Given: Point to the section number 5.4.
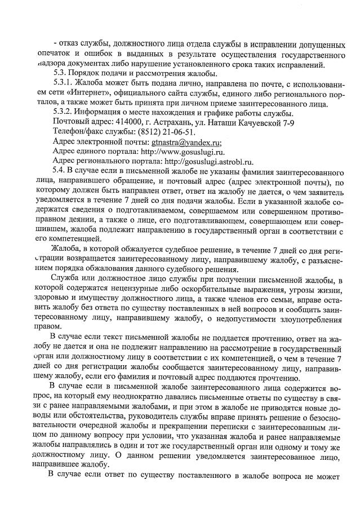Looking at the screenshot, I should pos(59,170).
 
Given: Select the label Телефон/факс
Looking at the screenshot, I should pos(78,132).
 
